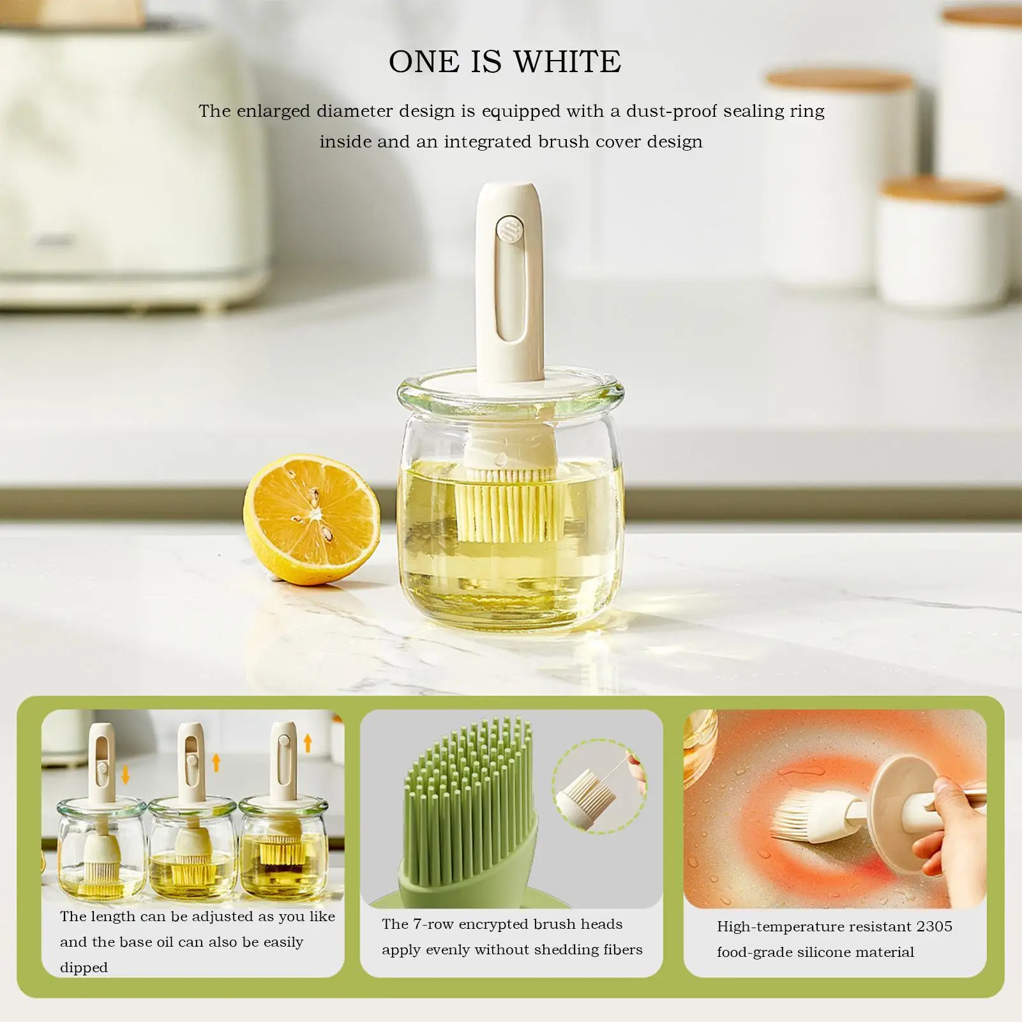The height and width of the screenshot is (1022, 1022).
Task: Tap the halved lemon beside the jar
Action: [x=312, y=519]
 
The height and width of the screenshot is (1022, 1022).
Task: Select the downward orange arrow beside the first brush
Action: [x=126, y=774]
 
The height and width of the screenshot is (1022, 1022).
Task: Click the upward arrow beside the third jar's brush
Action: [x=308, y=742]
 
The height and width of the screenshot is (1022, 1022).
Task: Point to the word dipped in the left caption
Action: [x=84, y=968]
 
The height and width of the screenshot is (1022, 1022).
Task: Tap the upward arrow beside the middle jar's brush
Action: [x=216, y=762]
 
